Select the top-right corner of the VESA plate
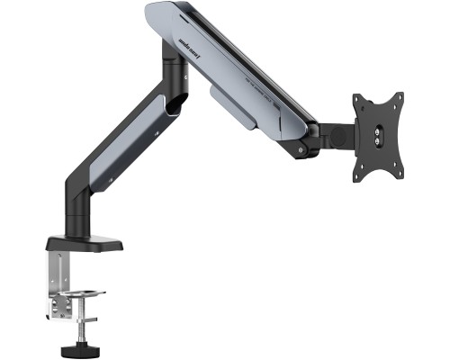[x=397, y=94]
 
